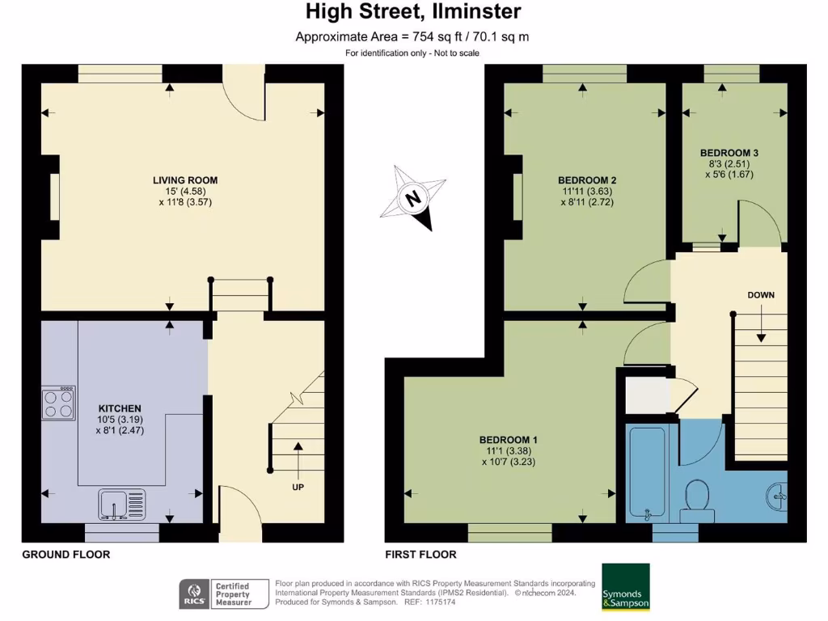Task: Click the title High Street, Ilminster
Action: (x=413, y=12)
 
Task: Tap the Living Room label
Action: (x=185, y=180)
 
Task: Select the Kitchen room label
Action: (x=120, y=408)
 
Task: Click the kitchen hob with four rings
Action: (x=59, y=402)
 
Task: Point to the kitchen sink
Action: (x=120, y=505)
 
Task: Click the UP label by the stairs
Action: (x=298, y=487)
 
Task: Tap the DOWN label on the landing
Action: (x=760, y=295)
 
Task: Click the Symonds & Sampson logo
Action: (x=626, y=587)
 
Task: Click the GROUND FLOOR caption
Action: (x=65, y=555)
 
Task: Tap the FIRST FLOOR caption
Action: (x=420, y=555)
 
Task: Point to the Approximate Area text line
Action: (x=412, y=36)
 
